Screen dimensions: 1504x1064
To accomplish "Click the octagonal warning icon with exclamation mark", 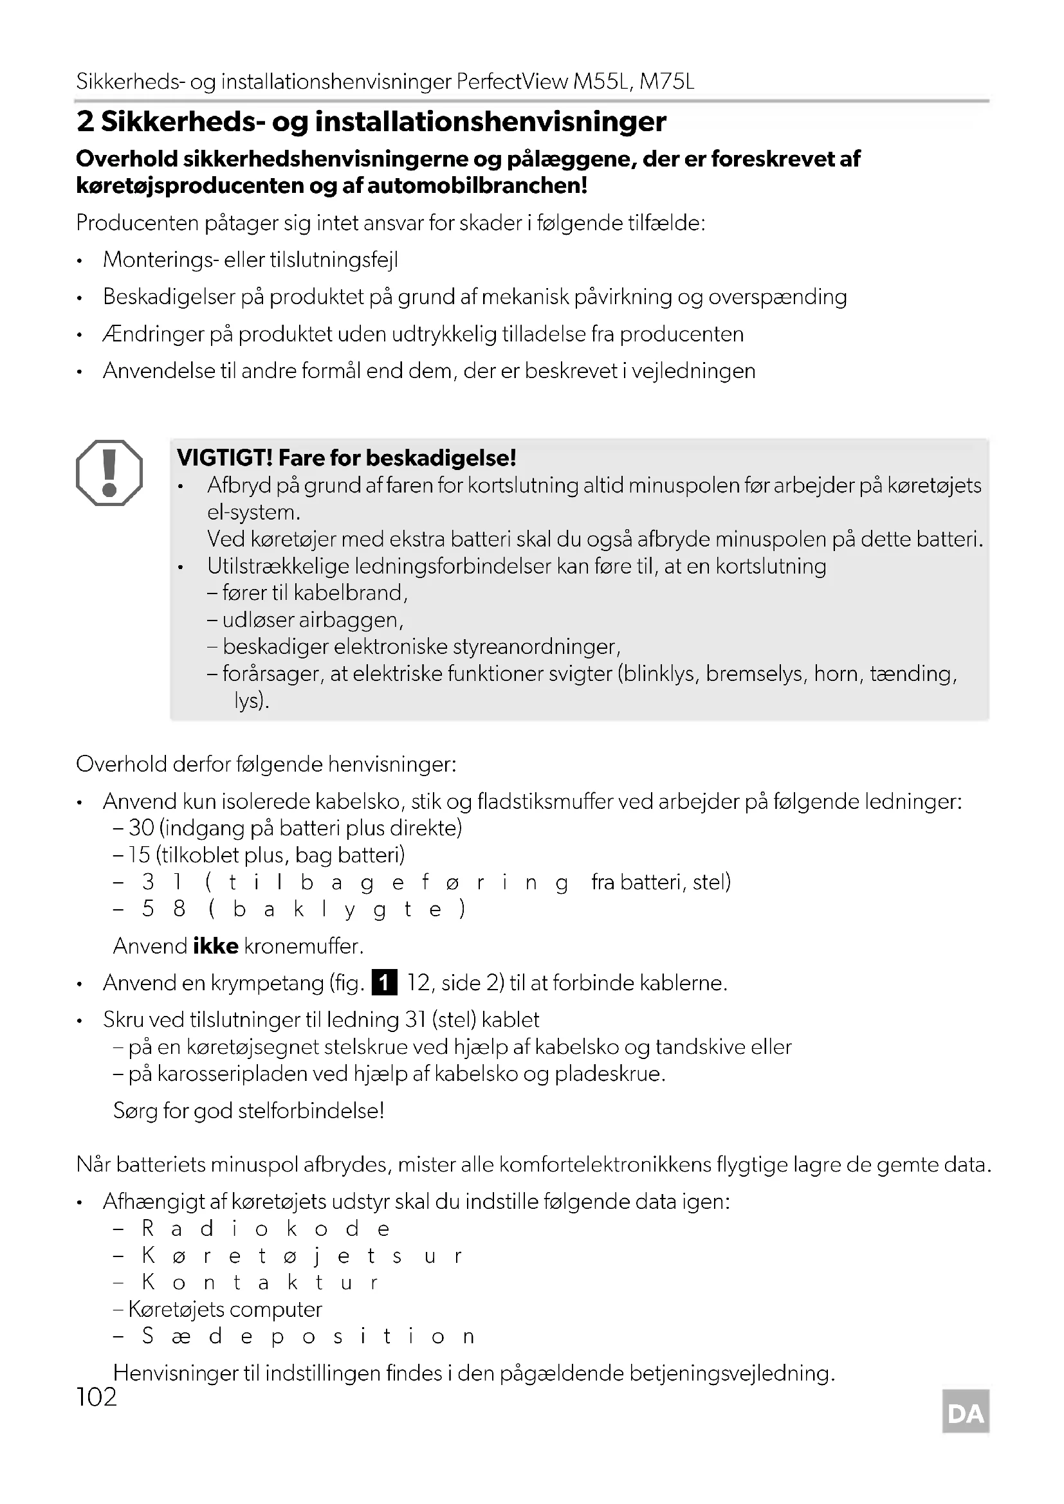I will (x=109, y=473).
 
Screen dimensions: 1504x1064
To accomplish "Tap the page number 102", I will (x=96, y=1397).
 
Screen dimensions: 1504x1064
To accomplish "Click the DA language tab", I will (x=966, y=1413).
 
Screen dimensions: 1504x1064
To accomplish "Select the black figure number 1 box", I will (x=385, y=983).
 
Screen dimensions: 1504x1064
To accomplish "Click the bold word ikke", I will (x=216, y=946).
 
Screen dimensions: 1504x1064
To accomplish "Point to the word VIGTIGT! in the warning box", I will (x=225, y=458).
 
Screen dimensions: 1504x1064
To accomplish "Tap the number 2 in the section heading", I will (x=85, y=122).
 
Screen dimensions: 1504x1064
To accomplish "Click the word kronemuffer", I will (x=304, y=946).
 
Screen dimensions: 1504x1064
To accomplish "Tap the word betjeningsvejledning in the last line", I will (x=732, y=1373).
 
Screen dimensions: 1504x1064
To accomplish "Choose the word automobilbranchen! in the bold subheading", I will (x=477, y=186).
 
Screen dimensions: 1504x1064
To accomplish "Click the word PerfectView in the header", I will (x=511, y=82).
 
